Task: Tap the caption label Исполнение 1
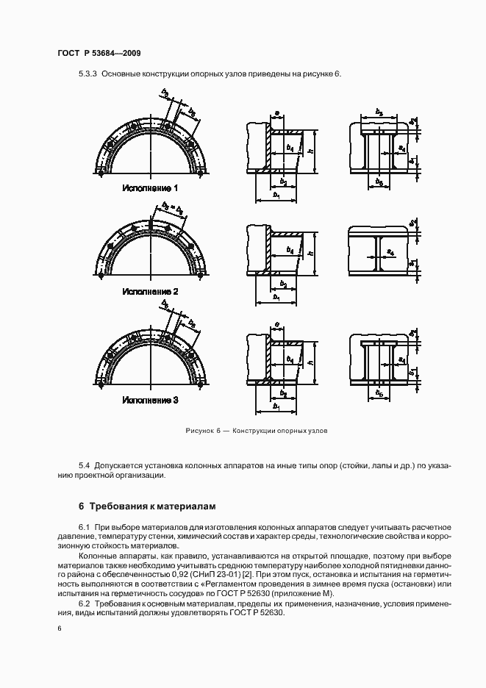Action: (x=151, y=188)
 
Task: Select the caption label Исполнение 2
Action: (x=151, y=292)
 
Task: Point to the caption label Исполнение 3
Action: (x=151, y=401)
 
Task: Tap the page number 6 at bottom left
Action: (x=60, y=629)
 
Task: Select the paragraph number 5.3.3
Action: (x=87, y=74)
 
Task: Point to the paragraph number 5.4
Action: (x=83, y=465)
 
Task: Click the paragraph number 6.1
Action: (x=83, y=528)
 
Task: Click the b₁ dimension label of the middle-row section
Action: (x=276, y=298)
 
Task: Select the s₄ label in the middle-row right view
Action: (x=401, y=252)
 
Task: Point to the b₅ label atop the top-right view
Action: (x=378, y=112)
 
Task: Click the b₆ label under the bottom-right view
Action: (x=379, y=394)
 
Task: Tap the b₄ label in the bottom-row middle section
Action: (x=290, y=360)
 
